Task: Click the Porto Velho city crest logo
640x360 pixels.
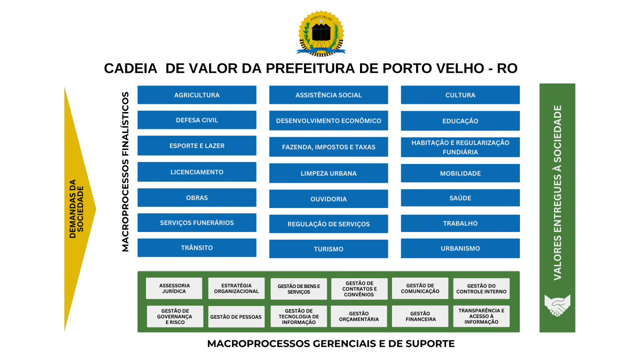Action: [321, 34]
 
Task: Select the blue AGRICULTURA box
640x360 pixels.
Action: [197, 95]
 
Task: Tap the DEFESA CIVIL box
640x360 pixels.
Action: [197, 120]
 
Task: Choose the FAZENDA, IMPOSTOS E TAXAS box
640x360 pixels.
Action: [328, 147]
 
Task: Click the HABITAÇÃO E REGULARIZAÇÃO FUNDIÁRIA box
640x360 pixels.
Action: [460, 147]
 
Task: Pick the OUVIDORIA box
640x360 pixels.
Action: [328, 199]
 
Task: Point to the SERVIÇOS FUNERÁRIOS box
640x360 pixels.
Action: [197, 222]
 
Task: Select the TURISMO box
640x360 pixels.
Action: [328, 249]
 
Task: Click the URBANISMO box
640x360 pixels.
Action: [460, 248]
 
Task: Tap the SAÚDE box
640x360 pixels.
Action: [460, 198]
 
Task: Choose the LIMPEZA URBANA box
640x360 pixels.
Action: [328, 173]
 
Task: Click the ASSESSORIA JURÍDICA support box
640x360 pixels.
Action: [174, 288]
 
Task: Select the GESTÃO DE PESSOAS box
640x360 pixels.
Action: [236, 316]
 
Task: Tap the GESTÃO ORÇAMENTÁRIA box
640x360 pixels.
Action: [359, 316]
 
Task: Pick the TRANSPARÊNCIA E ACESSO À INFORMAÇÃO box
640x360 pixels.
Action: [481, 316]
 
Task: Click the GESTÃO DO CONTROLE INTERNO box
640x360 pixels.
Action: [481, 288]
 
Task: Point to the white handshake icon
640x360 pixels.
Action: [557, 305]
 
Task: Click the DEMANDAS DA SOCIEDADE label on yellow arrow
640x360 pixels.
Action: [76, 209]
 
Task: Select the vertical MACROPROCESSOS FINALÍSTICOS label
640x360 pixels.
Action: [126, 172]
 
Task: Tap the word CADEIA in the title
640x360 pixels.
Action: [130, 68]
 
